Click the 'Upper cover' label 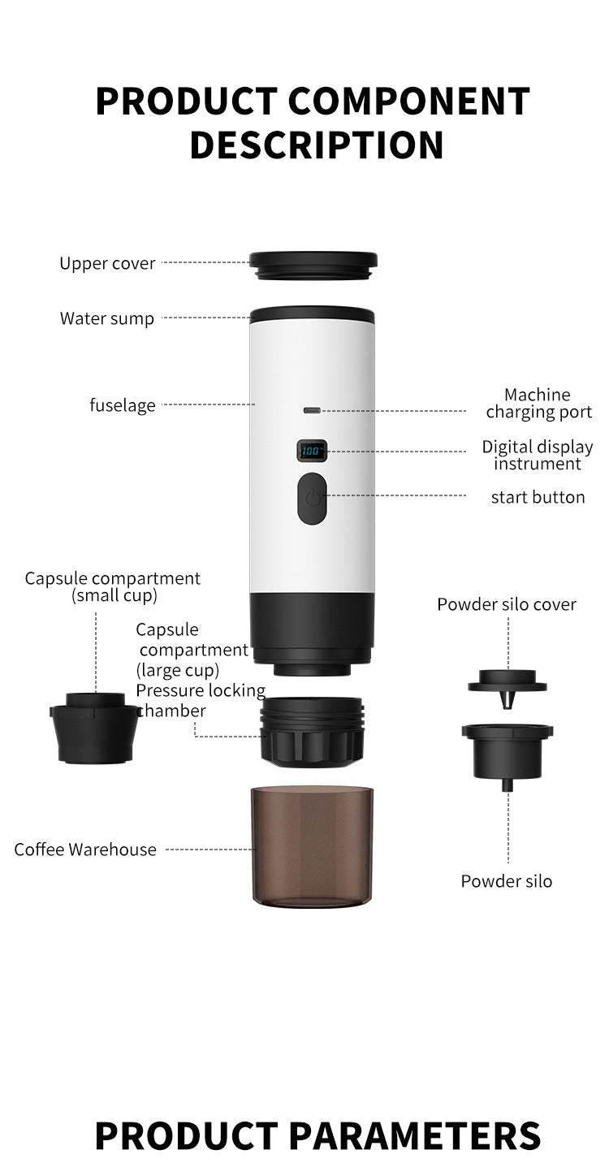pos(106,263)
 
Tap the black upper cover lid pos(313,265)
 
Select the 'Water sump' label pos(106,318)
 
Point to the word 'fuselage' pos(122,404)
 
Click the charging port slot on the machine pos(312,410)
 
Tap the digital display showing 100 pos(312,450)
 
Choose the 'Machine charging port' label pos(538,404)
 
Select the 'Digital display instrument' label pos(538,455)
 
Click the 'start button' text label pos(538,497)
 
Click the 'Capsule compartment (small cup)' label pos(113,586)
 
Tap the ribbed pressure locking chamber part pos(312,730)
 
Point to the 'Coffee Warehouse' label pos(85,850)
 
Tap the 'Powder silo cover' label pos(507,604)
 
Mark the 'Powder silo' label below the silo pos(507,881)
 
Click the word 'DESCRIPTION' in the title pos(317,144)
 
